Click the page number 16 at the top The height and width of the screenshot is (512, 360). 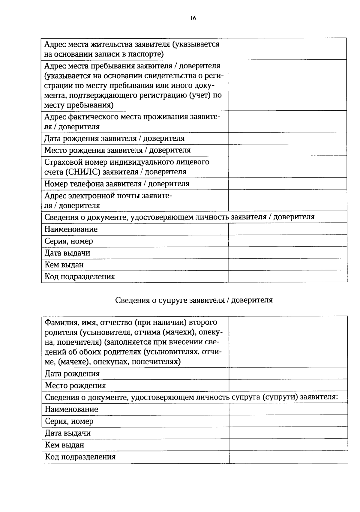193,18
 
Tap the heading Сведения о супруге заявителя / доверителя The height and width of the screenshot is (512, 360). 194,300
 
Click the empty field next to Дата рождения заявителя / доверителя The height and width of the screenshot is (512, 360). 287,138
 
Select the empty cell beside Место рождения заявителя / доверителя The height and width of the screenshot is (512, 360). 287,150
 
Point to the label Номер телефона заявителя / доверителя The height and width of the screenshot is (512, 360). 117,184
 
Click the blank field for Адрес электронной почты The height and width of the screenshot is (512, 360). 287,200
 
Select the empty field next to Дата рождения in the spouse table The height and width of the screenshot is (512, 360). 288,373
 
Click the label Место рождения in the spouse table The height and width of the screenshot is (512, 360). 75,385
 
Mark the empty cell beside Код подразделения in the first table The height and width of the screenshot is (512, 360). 287,277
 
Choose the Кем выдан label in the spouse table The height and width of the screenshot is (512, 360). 64,445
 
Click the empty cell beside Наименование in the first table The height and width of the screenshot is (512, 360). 287,229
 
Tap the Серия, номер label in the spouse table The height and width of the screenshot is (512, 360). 69,421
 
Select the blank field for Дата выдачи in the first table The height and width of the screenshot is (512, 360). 287,253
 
